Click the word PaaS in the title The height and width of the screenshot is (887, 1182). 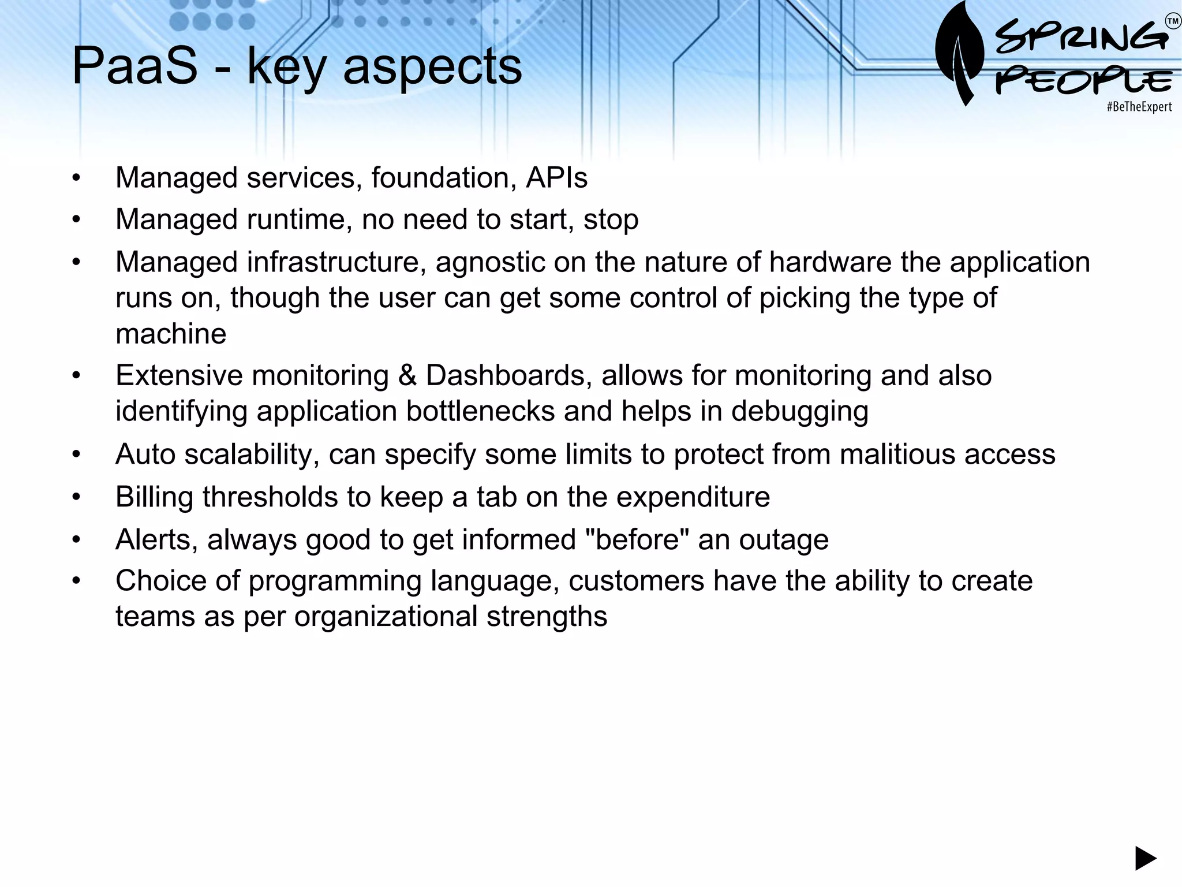134,66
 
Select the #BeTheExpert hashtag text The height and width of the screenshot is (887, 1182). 1139,107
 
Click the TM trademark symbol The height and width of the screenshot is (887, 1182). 1173,21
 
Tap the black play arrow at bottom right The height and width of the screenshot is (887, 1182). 1145,858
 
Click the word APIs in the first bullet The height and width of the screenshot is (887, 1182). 556,177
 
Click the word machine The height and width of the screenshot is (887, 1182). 171,334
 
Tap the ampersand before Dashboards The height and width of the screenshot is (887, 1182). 407,375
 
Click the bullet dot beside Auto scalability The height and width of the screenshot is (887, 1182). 76,454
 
